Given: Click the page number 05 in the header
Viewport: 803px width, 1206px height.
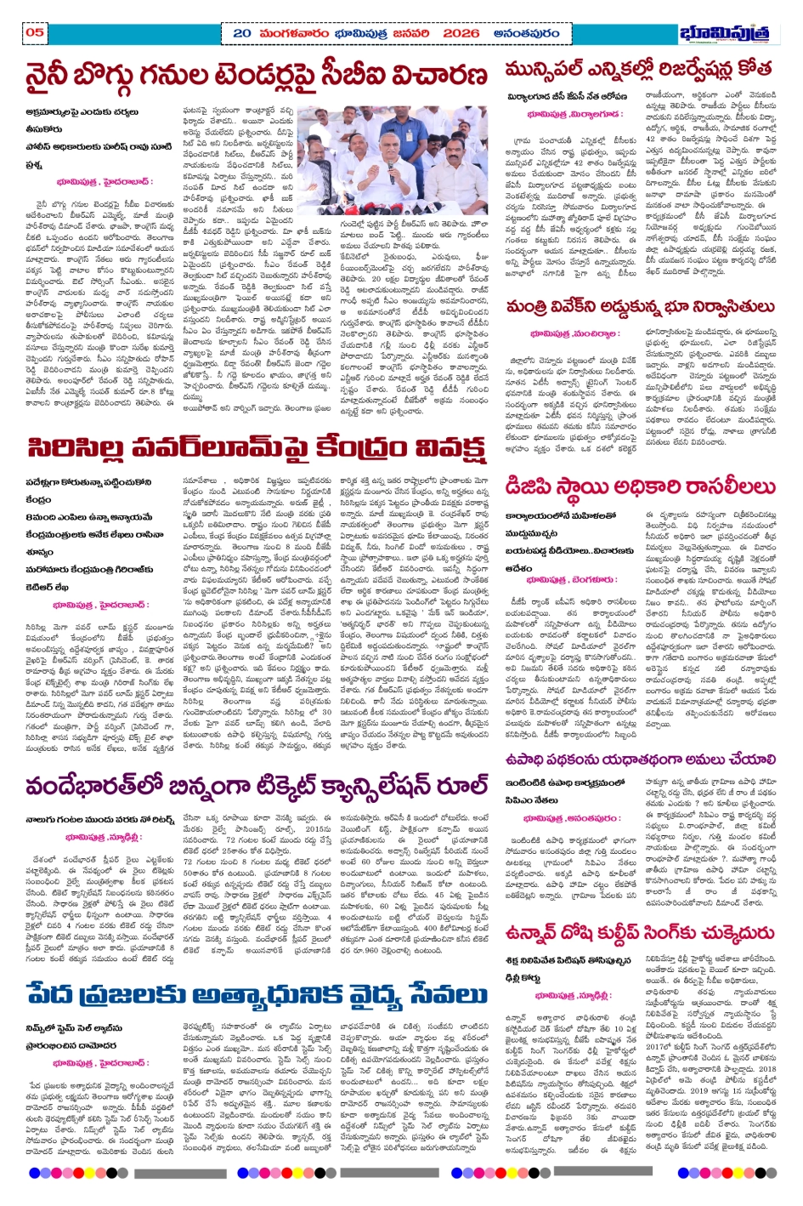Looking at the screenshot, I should click(x=35, y=32).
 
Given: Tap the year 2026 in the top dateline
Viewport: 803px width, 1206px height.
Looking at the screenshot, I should click(x=461, y=33).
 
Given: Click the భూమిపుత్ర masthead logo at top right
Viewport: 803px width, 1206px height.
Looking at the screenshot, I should click(x=724, y=33).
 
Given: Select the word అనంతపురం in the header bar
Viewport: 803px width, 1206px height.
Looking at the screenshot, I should click(x=526, y=33).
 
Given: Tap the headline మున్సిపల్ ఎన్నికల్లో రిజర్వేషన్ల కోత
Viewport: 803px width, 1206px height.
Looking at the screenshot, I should click(x=638, y=70).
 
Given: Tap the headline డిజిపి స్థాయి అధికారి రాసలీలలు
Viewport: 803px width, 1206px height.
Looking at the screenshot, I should click(x=639, y=486).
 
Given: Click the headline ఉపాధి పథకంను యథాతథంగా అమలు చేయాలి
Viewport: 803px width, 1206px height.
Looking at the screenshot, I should click(x=639, y=759).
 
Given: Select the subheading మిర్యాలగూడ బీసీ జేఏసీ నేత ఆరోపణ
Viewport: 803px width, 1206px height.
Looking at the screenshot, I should click(x=567, y=97).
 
